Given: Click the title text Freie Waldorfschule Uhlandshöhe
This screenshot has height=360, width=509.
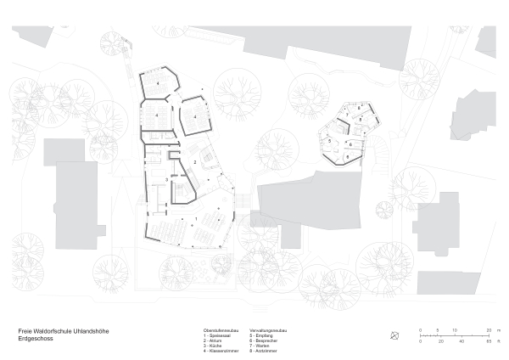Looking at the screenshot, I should pyautogui.click(x=64, y=330).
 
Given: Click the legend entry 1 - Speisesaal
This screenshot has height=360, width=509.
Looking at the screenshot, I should pyautogui.click(x=217, y=335).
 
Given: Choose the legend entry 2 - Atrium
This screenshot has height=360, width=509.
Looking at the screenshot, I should pyautogui.click(x=215, y=340).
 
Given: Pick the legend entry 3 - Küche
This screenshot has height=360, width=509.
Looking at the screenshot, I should pyautogui.click(x=215, y=346).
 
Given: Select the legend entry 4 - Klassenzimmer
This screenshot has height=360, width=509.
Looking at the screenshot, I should pyautogui.click(x=220, y=351).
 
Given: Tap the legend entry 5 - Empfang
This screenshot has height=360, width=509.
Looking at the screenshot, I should pyautogui.click(x=264, y=335).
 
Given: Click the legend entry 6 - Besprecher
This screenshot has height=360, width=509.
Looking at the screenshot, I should pyautogui.click(x=266, y=340).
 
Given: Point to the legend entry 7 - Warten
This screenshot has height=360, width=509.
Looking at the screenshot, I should pyautogui.click(x=263, y=346).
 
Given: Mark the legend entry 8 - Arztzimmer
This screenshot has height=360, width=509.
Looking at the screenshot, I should pyautogui.click(x=266, y=351).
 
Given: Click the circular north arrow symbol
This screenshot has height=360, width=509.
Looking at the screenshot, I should pyautogui.click(x=394, y=335).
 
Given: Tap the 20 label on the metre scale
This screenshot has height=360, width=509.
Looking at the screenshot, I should pyautogui.click(x=489, y=329).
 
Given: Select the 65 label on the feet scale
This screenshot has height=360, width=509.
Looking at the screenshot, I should pyautogui.click(x=489, y=340).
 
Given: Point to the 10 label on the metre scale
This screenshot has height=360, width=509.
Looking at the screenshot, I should pyautogui.click(x=454, y=329).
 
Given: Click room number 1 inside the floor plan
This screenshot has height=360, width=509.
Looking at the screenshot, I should pyautogui.click(x=196, y=218).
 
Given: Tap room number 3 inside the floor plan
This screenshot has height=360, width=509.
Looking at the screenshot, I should pyautogui.click(x=165, y=179).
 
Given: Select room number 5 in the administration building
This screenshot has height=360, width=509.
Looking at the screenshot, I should pyautogui.click(x=329, y=141).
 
